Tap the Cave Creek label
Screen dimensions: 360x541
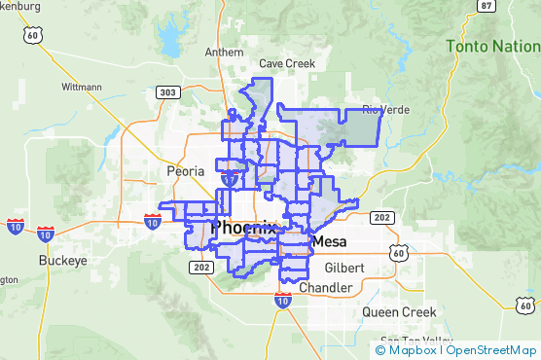tap(287, 63)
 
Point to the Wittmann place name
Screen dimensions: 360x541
tap(81, 87)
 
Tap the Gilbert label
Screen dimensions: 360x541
tap(344, 268)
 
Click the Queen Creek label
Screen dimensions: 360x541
tap(394, 312)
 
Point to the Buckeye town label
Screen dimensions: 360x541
tap(63, 261)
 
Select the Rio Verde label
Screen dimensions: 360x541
tap(381, 109)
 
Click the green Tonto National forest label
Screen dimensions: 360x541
tap(492, 46)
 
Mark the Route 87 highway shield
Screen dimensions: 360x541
tap(487, 6)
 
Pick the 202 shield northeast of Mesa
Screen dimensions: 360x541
tap(381, 217)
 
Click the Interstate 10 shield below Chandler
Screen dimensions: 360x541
tap(282, 302)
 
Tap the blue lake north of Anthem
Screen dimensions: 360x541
tap(171, 40)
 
